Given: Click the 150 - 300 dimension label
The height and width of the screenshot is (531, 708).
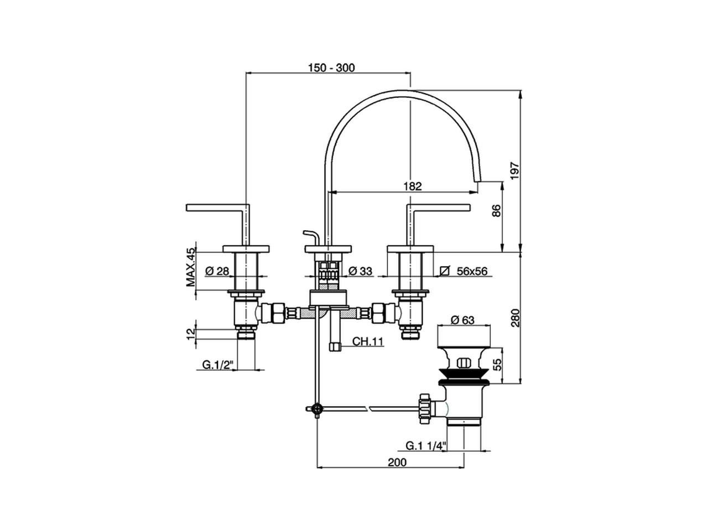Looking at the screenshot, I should coord(331,68).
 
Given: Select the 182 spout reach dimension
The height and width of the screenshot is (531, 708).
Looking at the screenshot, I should coord(412,186).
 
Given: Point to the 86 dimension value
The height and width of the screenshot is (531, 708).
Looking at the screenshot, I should coord(496,211).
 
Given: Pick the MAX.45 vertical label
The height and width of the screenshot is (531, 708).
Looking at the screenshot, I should coord(191,267).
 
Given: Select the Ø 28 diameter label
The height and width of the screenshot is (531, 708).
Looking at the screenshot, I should coord(217,271).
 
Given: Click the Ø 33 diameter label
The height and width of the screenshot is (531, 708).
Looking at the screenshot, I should coord(361,271).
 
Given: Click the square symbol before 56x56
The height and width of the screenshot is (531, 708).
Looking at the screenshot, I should coord(444,271).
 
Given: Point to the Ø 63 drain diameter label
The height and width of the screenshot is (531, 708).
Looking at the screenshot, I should coord(463,320).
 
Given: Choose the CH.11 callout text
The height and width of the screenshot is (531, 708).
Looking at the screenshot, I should coord(368,341).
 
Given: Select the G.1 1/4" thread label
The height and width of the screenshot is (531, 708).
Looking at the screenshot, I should coord(425,446).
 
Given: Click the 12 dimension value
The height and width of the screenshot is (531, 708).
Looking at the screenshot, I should coord(191,334).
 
